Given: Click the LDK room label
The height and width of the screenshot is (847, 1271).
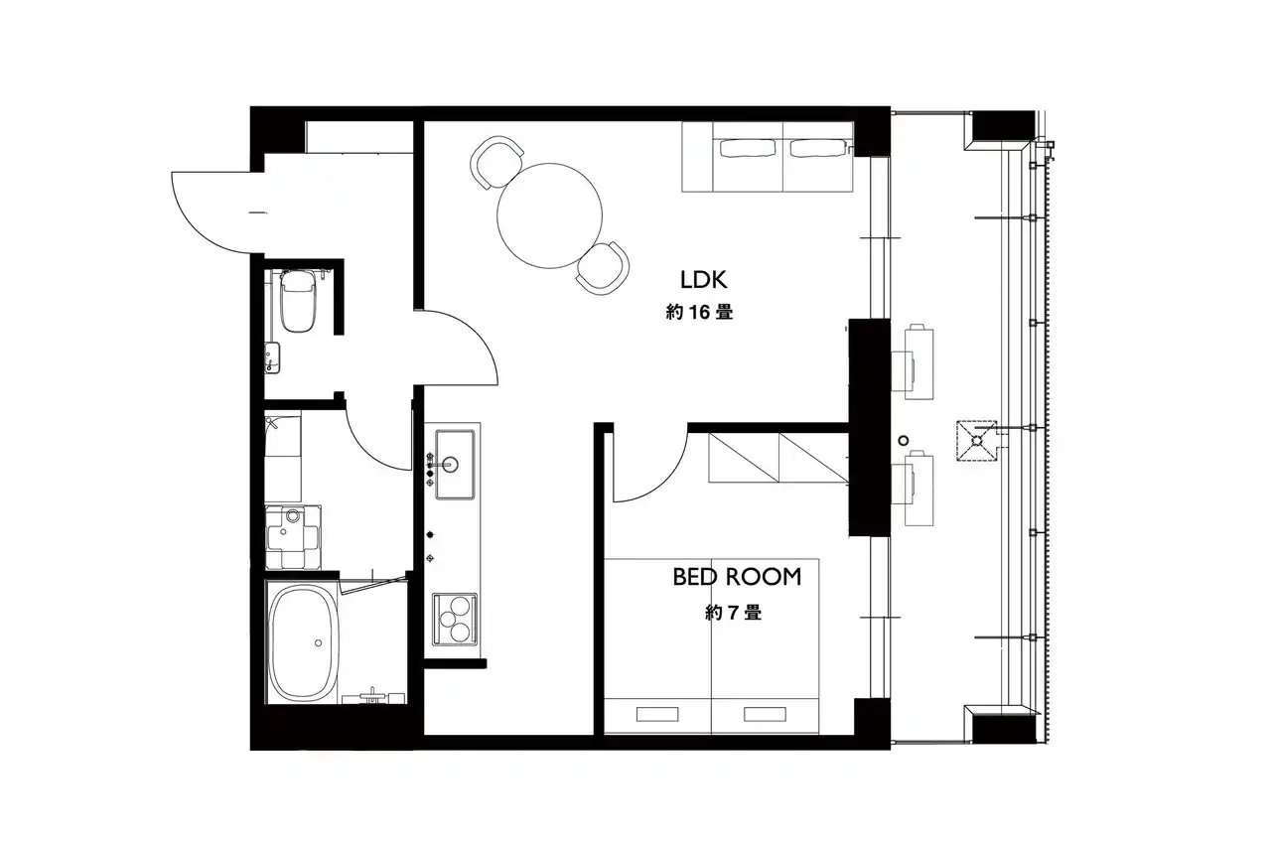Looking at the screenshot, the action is [704, 280].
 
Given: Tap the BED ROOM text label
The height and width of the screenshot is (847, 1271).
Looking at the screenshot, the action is [737, 577].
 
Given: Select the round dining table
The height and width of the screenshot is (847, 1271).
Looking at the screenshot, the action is [549, 216].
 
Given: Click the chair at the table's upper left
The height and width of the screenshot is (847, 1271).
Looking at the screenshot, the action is [496, 162].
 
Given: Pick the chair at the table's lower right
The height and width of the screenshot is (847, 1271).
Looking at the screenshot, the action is [604, 268].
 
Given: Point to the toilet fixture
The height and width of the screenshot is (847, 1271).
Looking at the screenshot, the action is [298, 300].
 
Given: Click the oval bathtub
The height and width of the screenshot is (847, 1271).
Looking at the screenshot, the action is [304, 642].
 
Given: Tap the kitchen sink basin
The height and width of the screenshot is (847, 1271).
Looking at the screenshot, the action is [455, 464].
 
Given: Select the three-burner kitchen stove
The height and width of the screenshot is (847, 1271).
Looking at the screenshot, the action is [455, 620].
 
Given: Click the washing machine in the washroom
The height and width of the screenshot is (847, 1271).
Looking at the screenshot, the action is [293, 536].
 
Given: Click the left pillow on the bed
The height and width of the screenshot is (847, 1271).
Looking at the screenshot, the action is [657, 714].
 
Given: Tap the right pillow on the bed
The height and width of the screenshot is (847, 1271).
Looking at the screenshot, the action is [765, 714].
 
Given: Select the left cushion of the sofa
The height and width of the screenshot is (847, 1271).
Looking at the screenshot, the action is [748, 149].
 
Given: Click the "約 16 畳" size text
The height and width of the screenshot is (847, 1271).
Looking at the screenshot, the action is [699, 312].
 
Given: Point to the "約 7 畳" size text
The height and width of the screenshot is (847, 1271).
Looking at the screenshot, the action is [733, 613].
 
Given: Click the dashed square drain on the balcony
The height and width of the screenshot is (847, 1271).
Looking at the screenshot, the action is [976, 441].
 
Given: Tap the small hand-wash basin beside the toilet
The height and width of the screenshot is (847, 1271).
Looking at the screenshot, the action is [272, 358].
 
